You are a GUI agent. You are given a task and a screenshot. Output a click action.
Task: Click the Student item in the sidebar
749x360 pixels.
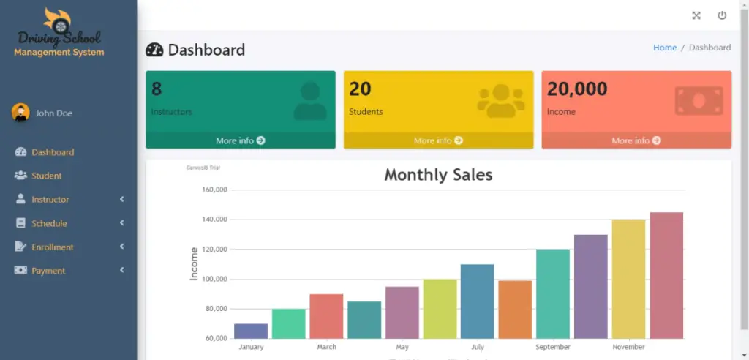coord(46,176)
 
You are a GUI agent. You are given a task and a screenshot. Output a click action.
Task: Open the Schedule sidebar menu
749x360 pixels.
coord(49,223)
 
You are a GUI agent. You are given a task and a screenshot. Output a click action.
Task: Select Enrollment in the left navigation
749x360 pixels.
coord(52,247)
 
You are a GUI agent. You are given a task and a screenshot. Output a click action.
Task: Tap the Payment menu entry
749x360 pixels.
coord(48,271)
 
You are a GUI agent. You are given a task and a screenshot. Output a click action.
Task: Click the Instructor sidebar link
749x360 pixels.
coord(50,200)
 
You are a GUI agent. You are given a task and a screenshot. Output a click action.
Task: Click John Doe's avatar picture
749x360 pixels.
coord(20,113)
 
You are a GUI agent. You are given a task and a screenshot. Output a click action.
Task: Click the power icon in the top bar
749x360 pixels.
coord(722,15)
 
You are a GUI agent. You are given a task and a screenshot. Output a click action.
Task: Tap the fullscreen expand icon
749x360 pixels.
coord(696,15)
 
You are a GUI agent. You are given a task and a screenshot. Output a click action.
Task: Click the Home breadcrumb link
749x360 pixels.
coord(664,48)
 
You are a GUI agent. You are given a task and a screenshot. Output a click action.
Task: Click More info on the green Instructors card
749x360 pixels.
coord(240,140)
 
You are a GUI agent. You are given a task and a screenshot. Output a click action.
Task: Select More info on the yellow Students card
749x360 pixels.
coord(438,140)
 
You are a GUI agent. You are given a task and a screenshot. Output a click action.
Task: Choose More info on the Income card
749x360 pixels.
coord(636,140)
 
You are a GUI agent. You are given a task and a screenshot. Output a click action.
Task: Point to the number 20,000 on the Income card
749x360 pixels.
coord(577,89)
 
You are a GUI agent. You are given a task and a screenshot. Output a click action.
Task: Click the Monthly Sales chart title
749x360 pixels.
coord(438,175)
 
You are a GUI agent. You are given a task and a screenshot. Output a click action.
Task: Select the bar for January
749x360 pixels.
coord(251,331)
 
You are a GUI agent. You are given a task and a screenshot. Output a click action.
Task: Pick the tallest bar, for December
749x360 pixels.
coord(666,275)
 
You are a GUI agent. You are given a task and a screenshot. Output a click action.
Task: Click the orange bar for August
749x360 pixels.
coord(515,309)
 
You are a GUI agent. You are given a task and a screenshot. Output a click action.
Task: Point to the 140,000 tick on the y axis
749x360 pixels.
coord(214,220)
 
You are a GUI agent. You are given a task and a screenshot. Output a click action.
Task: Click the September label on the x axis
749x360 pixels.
coord(553,347)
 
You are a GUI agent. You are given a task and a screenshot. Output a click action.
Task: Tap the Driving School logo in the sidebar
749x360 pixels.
coord(59,33)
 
